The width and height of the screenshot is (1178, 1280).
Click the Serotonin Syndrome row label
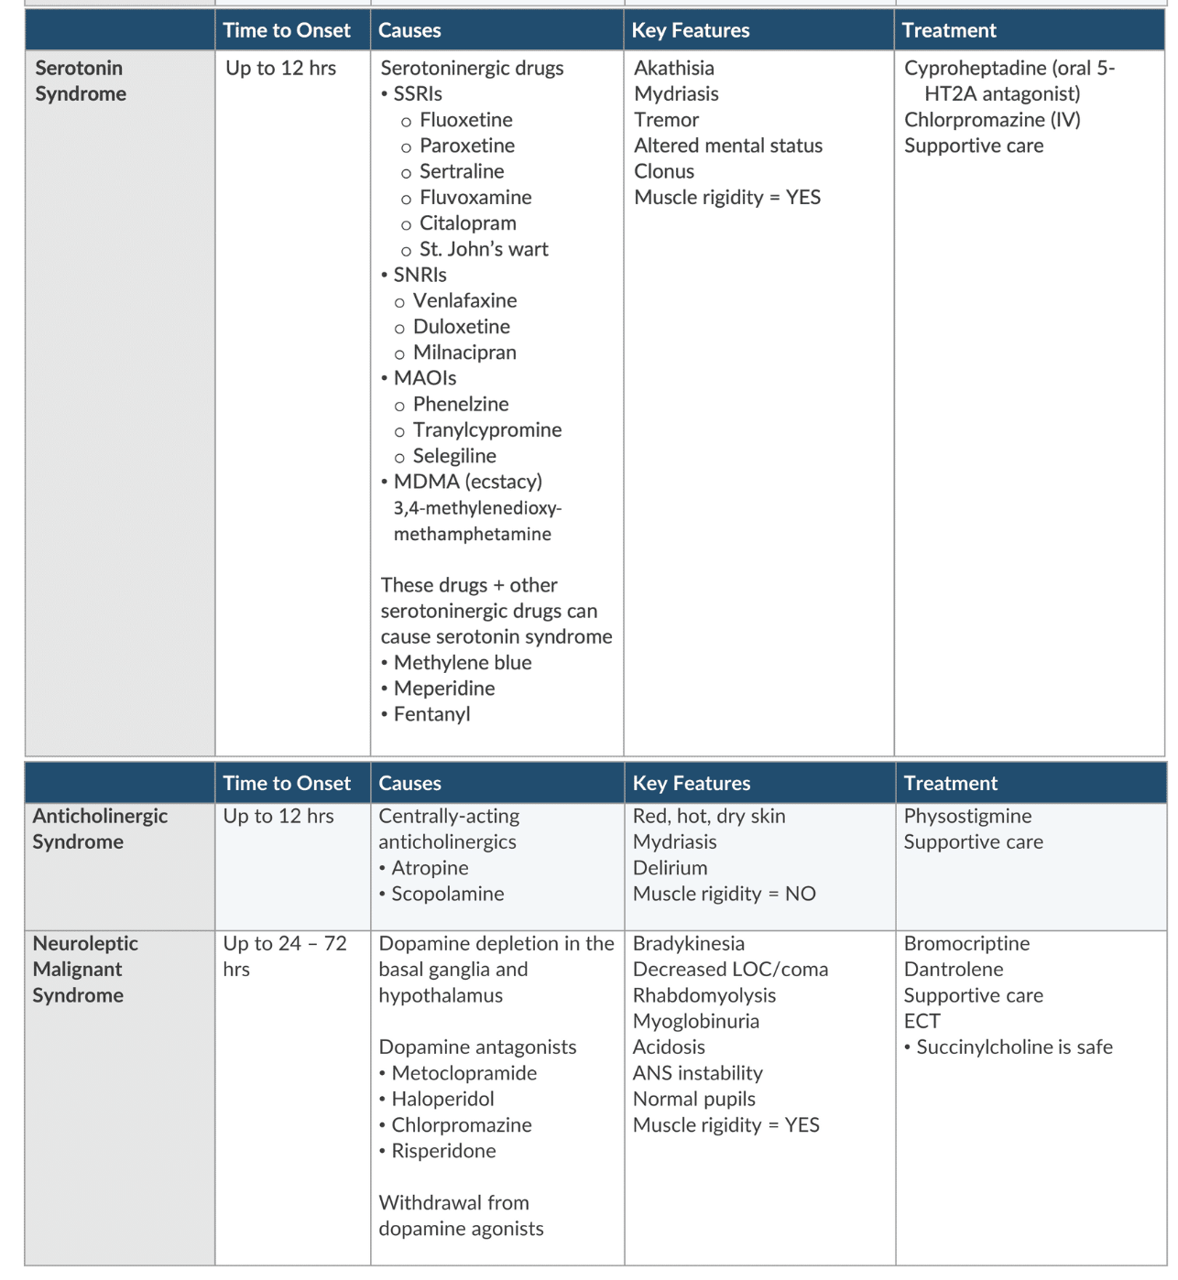80,81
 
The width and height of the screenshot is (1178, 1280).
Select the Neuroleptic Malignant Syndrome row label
84,969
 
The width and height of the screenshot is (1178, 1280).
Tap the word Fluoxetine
465,120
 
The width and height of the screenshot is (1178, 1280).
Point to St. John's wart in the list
484,249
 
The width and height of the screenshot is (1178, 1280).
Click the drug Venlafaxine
464,300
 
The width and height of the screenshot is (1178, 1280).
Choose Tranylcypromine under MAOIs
486,429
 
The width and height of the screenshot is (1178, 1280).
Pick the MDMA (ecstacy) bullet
467,482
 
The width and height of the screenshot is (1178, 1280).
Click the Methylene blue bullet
462,662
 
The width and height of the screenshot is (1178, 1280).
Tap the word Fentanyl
431,714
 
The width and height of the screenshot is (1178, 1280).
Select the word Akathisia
673,68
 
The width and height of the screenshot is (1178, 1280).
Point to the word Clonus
663,171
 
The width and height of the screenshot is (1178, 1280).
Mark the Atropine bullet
429,868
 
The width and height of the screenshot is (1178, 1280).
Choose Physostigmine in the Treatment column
967,816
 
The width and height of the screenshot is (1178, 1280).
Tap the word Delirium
670,868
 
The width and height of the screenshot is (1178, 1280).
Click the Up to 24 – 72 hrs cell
284,956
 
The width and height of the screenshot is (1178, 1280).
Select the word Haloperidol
442,1099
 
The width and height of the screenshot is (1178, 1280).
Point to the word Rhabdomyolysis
704,995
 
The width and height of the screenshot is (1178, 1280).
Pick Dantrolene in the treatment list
953,969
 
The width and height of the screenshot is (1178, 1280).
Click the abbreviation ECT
922,1021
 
